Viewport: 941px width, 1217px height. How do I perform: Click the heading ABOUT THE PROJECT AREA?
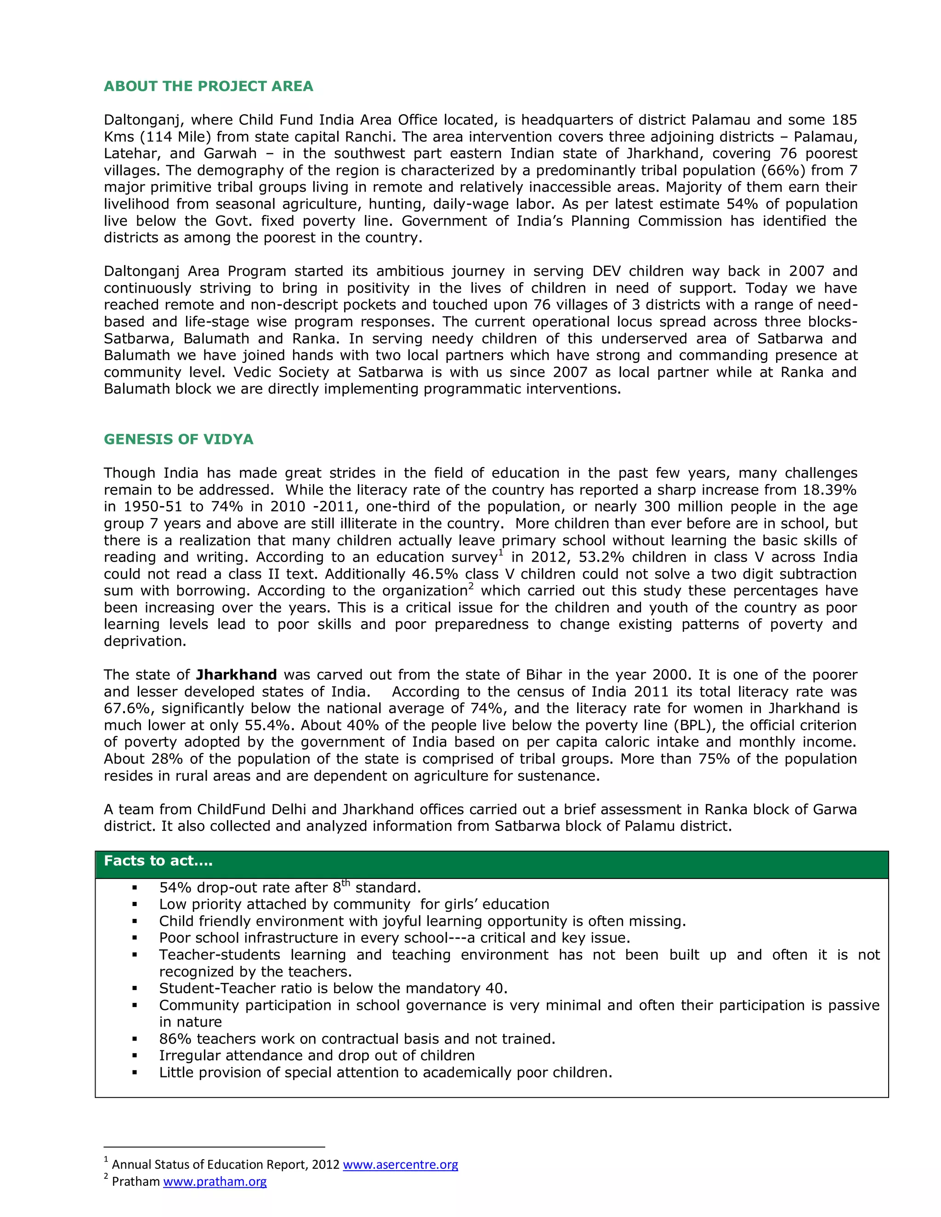pyautogui.click(x=209, y=86)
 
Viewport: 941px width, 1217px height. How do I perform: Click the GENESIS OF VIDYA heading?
pyautogui.click(x=178, y=439)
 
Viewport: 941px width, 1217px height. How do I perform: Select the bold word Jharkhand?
pyautogui.click(x=236, y=675)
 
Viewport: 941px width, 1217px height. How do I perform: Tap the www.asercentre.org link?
pyautogui.click(x=400, y=1165)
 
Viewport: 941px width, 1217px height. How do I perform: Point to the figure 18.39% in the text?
pyautogui.click(x=829, y=490)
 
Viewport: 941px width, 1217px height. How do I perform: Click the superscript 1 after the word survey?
pyautogui.click(x=501, y=553)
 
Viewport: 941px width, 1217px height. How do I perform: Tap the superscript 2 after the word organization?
pyautogui.click(x=470, y=586)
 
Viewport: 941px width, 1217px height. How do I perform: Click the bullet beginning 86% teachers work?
pyautogui.click(x=357, y=1039)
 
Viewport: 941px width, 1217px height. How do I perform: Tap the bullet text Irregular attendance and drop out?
pyautogui.click(x=317, y=1056)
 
